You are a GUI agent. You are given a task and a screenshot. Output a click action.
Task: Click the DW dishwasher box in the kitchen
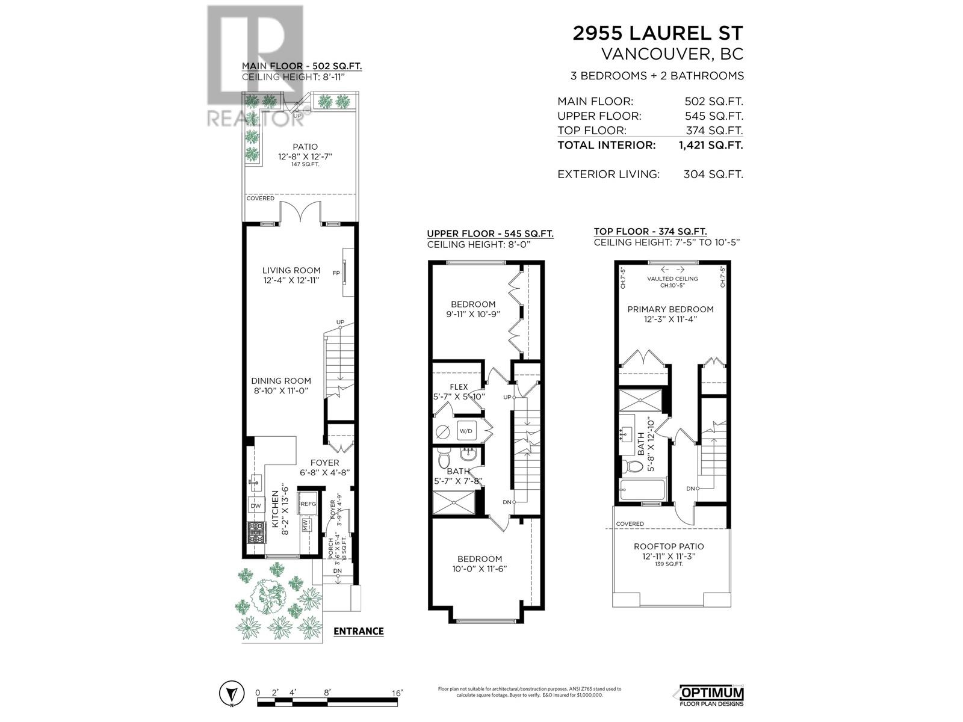(x=256, y=505)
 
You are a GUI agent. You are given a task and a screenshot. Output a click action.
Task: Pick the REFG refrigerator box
(x=308, y=504)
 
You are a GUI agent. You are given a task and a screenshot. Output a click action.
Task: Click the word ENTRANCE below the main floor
(x=358, y=631)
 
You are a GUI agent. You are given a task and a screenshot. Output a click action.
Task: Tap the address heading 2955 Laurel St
(x=658, y=33)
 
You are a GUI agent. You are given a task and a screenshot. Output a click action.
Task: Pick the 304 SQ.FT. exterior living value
(x=713, y=174)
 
